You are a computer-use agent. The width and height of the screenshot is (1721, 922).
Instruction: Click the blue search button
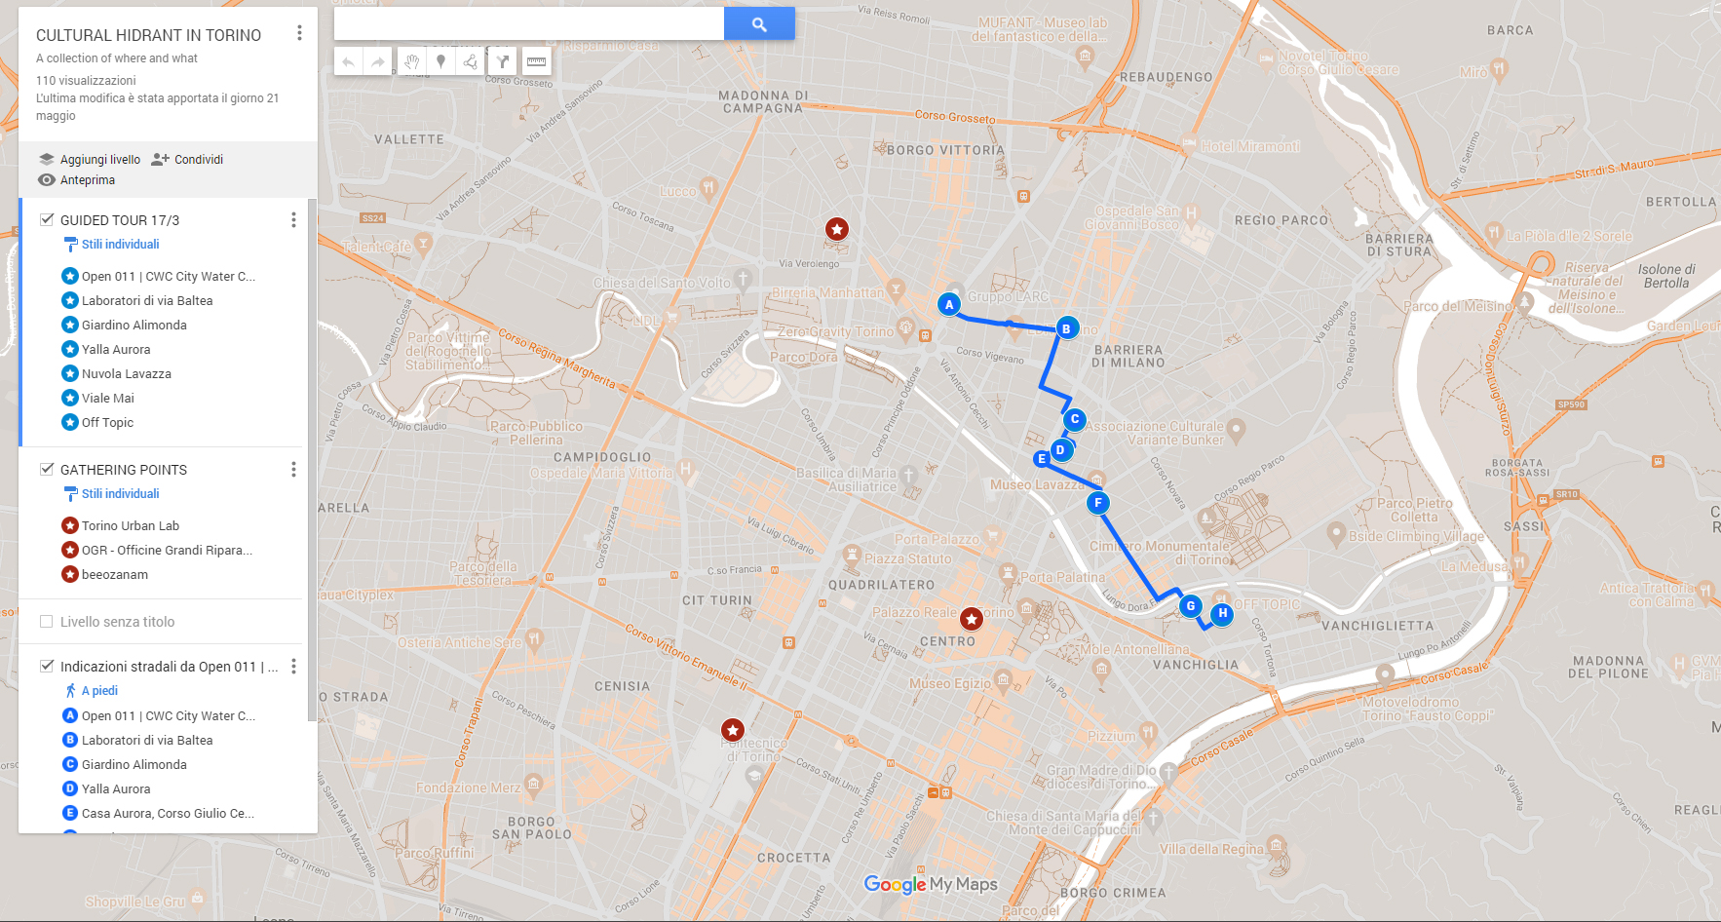point(759,24)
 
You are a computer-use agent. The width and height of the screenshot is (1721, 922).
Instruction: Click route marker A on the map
point(949,305)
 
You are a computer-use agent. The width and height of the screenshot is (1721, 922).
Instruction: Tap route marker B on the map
point(1066,328)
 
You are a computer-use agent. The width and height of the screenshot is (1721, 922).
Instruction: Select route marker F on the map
point(1098,503)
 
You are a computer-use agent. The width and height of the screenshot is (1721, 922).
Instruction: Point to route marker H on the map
point(1222,613)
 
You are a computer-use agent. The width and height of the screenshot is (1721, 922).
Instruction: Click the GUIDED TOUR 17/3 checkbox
point(47,219)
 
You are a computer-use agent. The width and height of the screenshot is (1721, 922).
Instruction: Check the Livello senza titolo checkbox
point(47,622)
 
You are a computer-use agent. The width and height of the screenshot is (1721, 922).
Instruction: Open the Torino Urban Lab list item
point(130,526)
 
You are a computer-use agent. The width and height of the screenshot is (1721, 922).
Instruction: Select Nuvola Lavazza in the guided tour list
point(126,374)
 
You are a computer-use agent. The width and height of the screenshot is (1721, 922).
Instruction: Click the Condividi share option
point(188,160)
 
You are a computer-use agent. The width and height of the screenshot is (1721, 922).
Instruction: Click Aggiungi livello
point(90,160)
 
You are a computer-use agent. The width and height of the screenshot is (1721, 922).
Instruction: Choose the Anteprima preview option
point(77,180)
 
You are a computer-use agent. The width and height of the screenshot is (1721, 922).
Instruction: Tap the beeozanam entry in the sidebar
point(114,575)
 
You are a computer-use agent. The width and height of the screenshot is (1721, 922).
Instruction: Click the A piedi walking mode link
point(98,691)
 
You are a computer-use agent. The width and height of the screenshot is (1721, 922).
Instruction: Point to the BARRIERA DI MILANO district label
point(1128,356)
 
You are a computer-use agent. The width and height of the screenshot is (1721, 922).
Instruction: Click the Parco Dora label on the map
point(803,357)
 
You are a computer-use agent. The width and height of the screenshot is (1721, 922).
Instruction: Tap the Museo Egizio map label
point(949,683)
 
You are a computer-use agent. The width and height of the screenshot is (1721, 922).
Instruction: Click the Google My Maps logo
point(931,884)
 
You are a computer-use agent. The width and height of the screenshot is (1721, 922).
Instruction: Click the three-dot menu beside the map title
point(299,33)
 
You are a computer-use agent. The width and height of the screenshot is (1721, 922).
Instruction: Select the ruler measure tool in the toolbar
point(536,61)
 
